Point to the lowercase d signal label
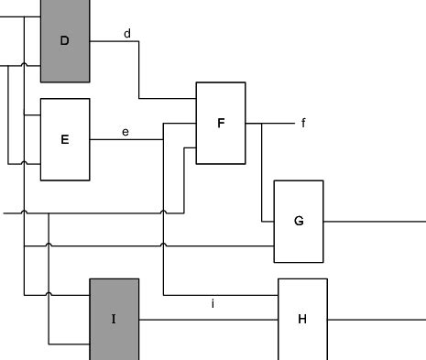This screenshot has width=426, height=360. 127,34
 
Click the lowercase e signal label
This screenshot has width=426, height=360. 126,132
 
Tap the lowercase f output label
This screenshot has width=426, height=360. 303,123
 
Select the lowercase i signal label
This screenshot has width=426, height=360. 213,303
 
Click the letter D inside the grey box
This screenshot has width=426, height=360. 64,40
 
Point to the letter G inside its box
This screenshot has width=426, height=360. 299,221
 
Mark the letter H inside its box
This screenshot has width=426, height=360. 302,319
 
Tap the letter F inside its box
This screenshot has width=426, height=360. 220,122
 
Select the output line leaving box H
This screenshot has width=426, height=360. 376,319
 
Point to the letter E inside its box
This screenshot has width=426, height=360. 64,139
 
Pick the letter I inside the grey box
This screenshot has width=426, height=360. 114,319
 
